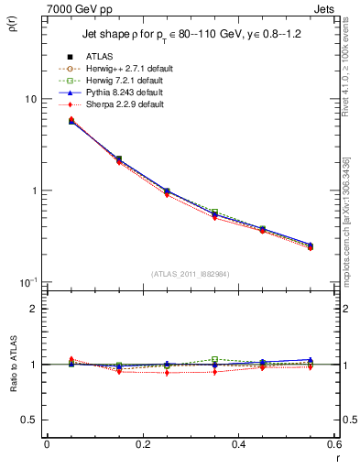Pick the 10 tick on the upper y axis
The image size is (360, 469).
coord(30,99)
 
